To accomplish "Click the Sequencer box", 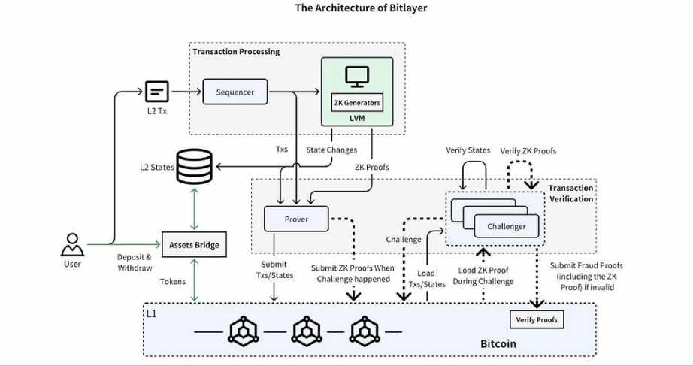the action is pyautogui.click(x=235, y=92).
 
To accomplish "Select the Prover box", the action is pyautogui.click(x=296, y=219).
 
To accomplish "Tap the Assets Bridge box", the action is pyautogui.click(x=194, y=244).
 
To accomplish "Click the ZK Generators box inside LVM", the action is pyautogui.click(x=357, y=102).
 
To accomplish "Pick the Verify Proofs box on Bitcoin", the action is pyautogui.click(x=537, y=319).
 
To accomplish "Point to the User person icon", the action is pyautogui.click(x=72, y=245).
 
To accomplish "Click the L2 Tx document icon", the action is pyautogui.click(x=157, y=92).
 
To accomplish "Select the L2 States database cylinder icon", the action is pyautogui.click(x=195, y=167).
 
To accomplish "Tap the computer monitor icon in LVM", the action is pyautogui.click(x=357, y=77).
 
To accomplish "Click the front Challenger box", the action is pyautogui.click(x=507, y=226).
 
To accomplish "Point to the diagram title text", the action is pyautogui.click(x=361, y=8).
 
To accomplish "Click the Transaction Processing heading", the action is pyautogui.click(x=236, y=51).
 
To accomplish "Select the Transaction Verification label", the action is pyautogui.click(x=571, y=193).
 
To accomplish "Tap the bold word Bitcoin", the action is pyautogui.click(x=498, y=343).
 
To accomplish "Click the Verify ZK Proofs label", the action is pyautogui.click(x=528, y=151).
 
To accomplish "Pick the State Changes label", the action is pyautogui.click(x=331, y=150).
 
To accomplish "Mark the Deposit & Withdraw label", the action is pyautogui.click(x=135, y=262).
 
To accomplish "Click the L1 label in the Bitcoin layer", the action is pyautogui.click(x=152, y=314).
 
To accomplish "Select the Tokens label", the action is pyautogui.click(x=173, y=282).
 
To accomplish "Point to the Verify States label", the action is pyautogui.click(x=468, y=150).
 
